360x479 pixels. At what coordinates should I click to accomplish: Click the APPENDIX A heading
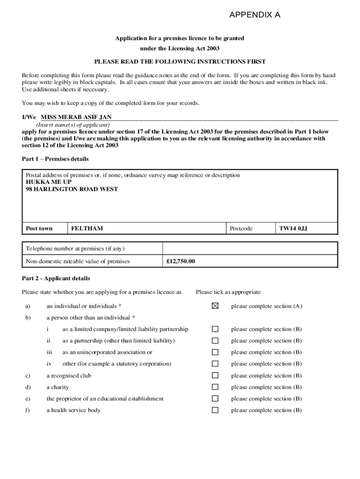click(x=255, y=15)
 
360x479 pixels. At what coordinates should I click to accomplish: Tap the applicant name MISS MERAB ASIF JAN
click(x=76, y=117)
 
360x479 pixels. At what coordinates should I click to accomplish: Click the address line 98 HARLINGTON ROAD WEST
click(x=72, y=189)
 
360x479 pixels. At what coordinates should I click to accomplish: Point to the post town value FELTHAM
click(x=87, y=228)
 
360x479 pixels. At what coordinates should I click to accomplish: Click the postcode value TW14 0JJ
click(x=293, y=228)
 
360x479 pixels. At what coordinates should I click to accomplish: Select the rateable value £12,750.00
click(x=180, y=261)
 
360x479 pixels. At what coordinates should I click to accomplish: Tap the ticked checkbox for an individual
click(x=215, y=306)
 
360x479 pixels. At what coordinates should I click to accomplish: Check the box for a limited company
click(x=215, y=329)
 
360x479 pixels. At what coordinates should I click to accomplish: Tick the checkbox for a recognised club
click(x=215, y=376)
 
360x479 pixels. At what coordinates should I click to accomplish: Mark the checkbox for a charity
click(x=215, y=387)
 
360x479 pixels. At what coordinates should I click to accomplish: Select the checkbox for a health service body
click(x=215, y=410)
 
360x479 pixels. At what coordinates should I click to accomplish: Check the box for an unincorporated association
click(x=215, y=352)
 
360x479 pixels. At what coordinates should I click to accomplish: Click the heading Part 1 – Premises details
click(x=55, y=159)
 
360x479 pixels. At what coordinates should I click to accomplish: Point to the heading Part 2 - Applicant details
click(x=56, y=278)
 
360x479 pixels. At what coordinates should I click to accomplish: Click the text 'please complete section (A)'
click(x=266, y=306)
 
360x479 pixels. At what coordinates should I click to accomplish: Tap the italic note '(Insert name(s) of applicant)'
click(x=73, y=125)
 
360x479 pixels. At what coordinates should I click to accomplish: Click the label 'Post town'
click(x=39, y=228)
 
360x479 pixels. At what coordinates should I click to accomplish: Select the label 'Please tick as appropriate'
click(x=228, y=292)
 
